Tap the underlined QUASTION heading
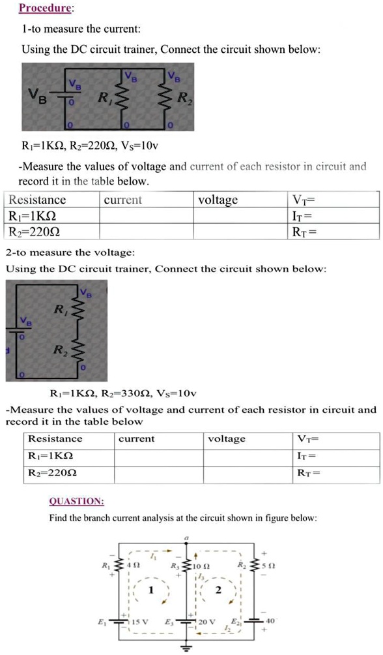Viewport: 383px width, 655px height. click(x=76, y=501)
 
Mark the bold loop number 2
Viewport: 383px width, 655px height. click(x=219, y=590)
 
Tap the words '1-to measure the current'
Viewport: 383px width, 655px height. click(x=81, y=29)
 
